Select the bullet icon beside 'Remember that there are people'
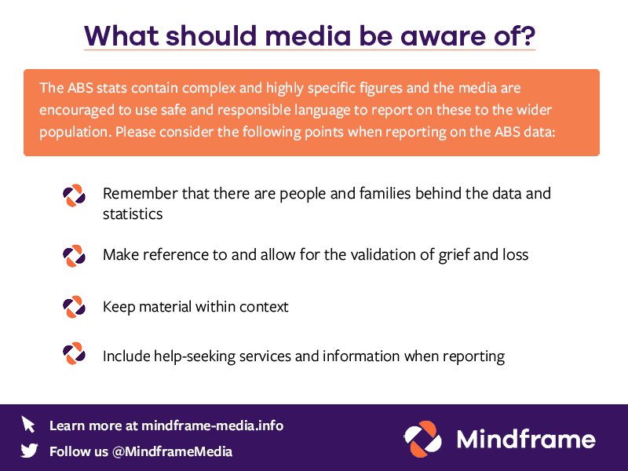pyautogui.click(x=74, y=195)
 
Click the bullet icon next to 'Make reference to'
pyautogui.click(x=74, y=255)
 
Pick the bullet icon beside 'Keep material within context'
pyautogui.click(x=74, y=306)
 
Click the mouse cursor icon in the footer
pyautogui.click(x=29, y=425)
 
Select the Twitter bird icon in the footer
pyautogui.click(x=29, y=451)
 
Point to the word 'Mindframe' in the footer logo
pyautogui.click(x=525, y=439)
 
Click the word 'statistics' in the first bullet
pyautogui.click(x=133, y=214)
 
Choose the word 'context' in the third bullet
pyautogui.click(x=262, y=307)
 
